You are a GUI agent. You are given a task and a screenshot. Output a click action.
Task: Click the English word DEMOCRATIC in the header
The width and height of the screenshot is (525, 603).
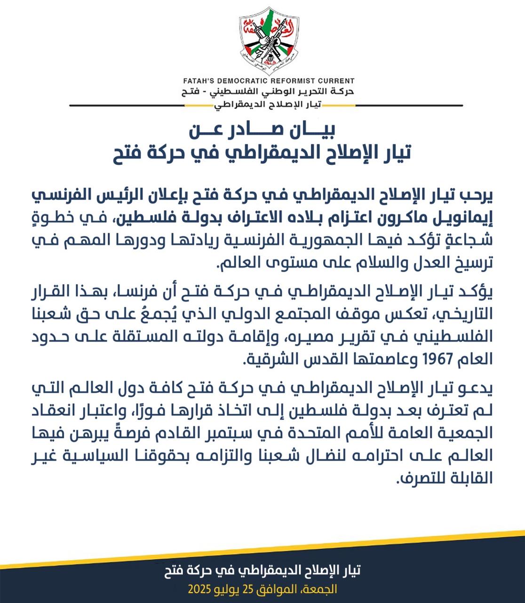(x=240, y=81)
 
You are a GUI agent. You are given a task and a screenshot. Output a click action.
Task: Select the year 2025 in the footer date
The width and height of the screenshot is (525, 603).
(x=200, y=589)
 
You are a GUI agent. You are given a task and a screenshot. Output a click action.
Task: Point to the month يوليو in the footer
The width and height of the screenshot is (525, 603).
(x=226, y=589)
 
